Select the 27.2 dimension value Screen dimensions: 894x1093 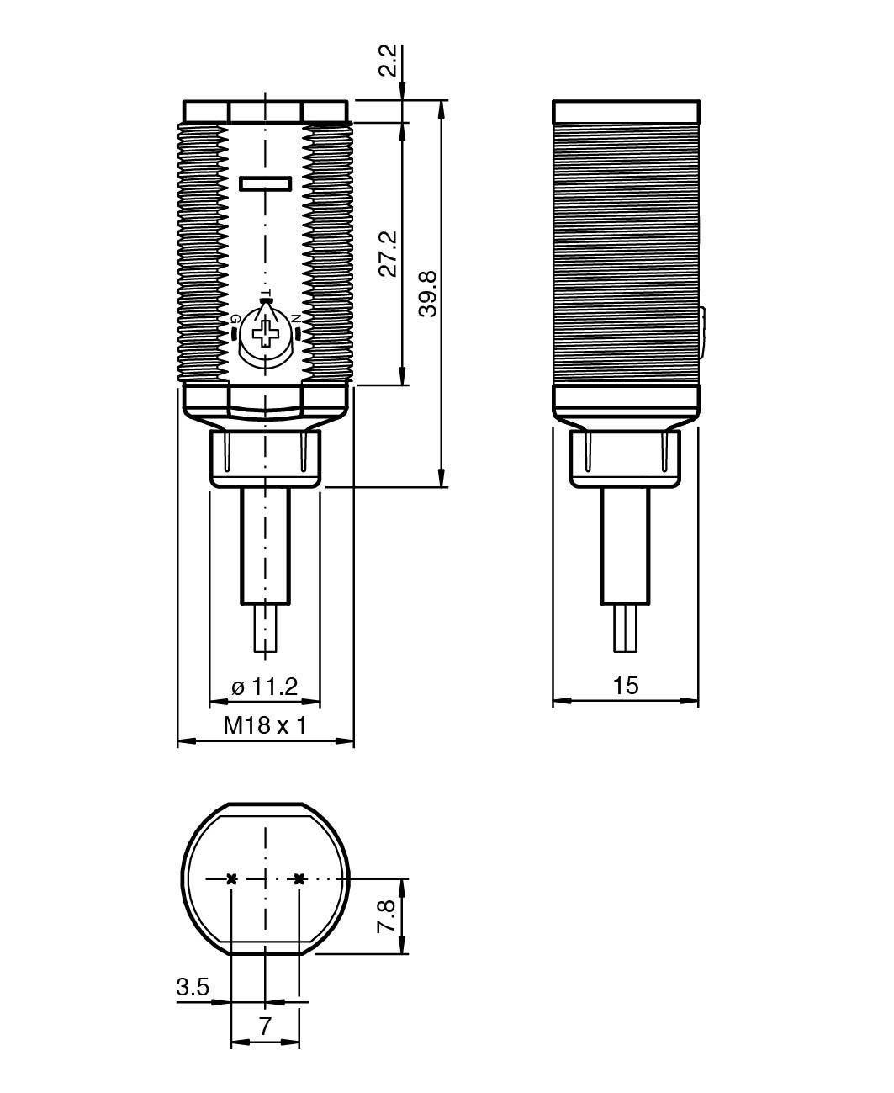point(388,254)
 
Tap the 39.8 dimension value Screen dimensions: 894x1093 point(428,294)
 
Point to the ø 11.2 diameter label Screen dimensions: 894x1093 point(265,687)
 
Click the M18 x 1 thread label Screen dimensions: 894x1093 point(265,725)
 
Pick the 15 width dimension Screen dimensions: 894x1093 point(626,686)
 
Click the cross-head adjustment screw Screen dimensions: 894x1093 point(266,332)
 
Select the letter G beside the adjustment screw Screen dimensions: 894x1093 point(235,318)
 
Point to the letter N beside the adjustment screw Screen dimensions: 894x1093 point(296,318)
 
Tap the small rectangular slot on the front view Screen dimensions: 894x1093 point(265,183)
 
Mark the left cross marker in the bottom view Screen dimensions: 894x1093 point(231,878)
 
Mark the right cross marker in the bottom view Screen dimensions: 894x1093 point(299,878)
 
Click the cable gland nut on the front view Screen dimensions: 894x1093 point(265,458)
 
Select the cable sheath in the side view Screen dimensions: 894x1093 point(625,546)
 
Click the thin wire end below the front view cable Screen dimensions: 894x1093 point(265,629)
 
